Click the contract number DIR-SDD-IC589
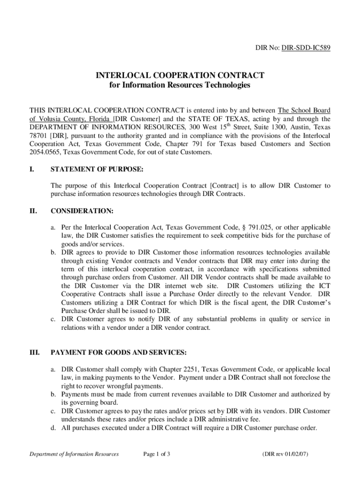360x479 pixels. click(x=306, y=48)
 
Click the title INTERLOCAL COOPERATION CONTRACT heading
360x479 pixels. click(x=180, y=75)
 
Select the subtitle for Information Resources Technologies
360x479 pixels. click(x=180, y=85)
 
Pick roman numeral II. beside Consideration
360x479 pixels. click(x=33, y=211)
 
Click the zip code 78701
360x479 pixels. click(x=39, y=136)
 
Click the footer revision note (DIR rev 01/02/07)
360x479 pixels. click(x=285, y=454)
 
